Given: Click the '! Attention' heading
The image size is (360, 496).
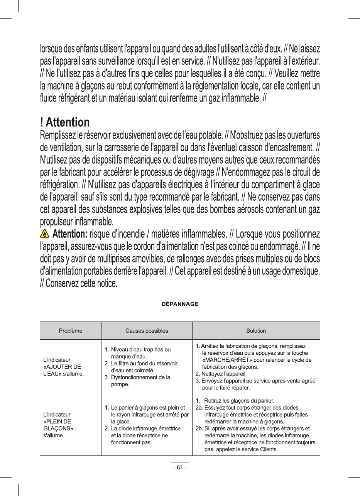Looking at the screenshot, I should [x=65, y=123].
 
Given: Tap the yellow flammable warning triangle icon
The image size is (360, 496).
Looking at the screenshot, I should [x=45, y=234].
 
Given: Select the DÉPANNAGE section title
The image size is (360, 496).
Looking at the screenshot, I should [x=180, y=304].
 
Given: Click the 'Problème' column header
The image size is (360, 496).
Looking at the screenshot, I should [x=71, y=331].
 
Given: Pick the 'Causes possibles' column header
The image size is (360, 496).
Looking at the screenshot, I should [x=147, y=331].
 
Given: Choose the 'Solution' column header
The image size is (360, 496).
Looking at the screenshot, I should [x=256, y=331].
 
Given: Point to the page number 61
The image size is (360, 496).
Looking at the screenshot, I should [x=180, y=467].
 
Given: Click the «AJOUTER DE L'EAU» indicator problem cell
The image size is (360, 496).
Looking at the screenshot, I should [x=63, y=367].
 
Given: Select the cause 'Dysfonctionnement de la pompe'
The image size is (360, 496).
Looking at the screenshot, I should [x=138, y=381].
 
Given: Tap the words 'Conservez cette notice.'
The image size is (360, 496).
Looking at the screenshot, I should [x=81, y=284].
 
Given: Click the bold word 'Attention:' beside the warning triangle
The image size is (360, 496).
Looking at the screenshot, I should [x=69, y=234].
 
